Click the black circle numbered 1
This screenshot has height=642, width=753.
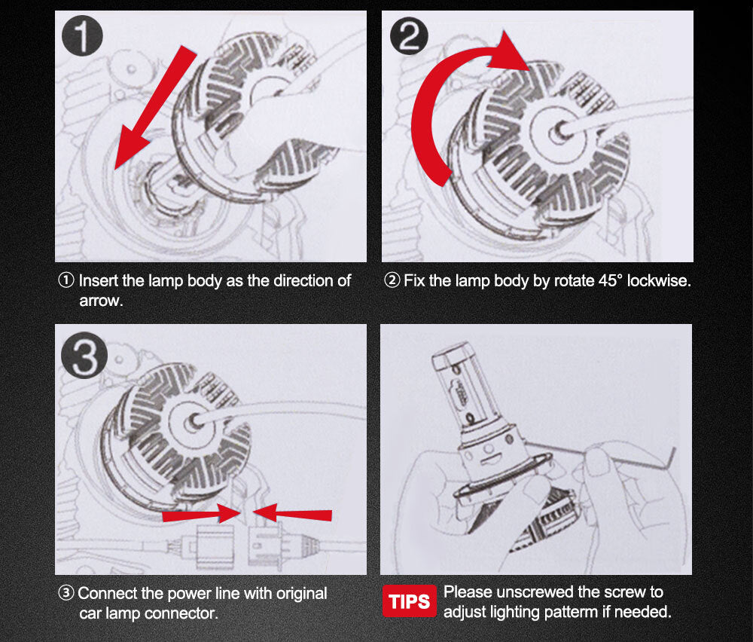(82, 36)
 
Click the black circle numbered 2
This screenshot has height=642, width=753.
(409, 36)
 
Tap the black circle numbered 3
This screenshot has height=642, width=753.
(84, 356)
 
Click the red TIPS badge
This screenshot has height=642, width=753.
(410, 601)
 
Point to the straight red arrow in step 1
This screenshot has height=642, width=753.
(156, 107)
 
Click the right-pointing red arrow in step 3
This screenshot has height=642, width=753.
(202, 514)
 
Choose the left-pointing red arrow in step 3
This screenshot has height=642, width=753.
(292, 513)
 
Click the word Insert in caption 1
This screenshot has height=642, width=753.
(99, 280)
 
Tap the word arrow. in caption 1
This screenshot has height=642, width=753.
(102, 301)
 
